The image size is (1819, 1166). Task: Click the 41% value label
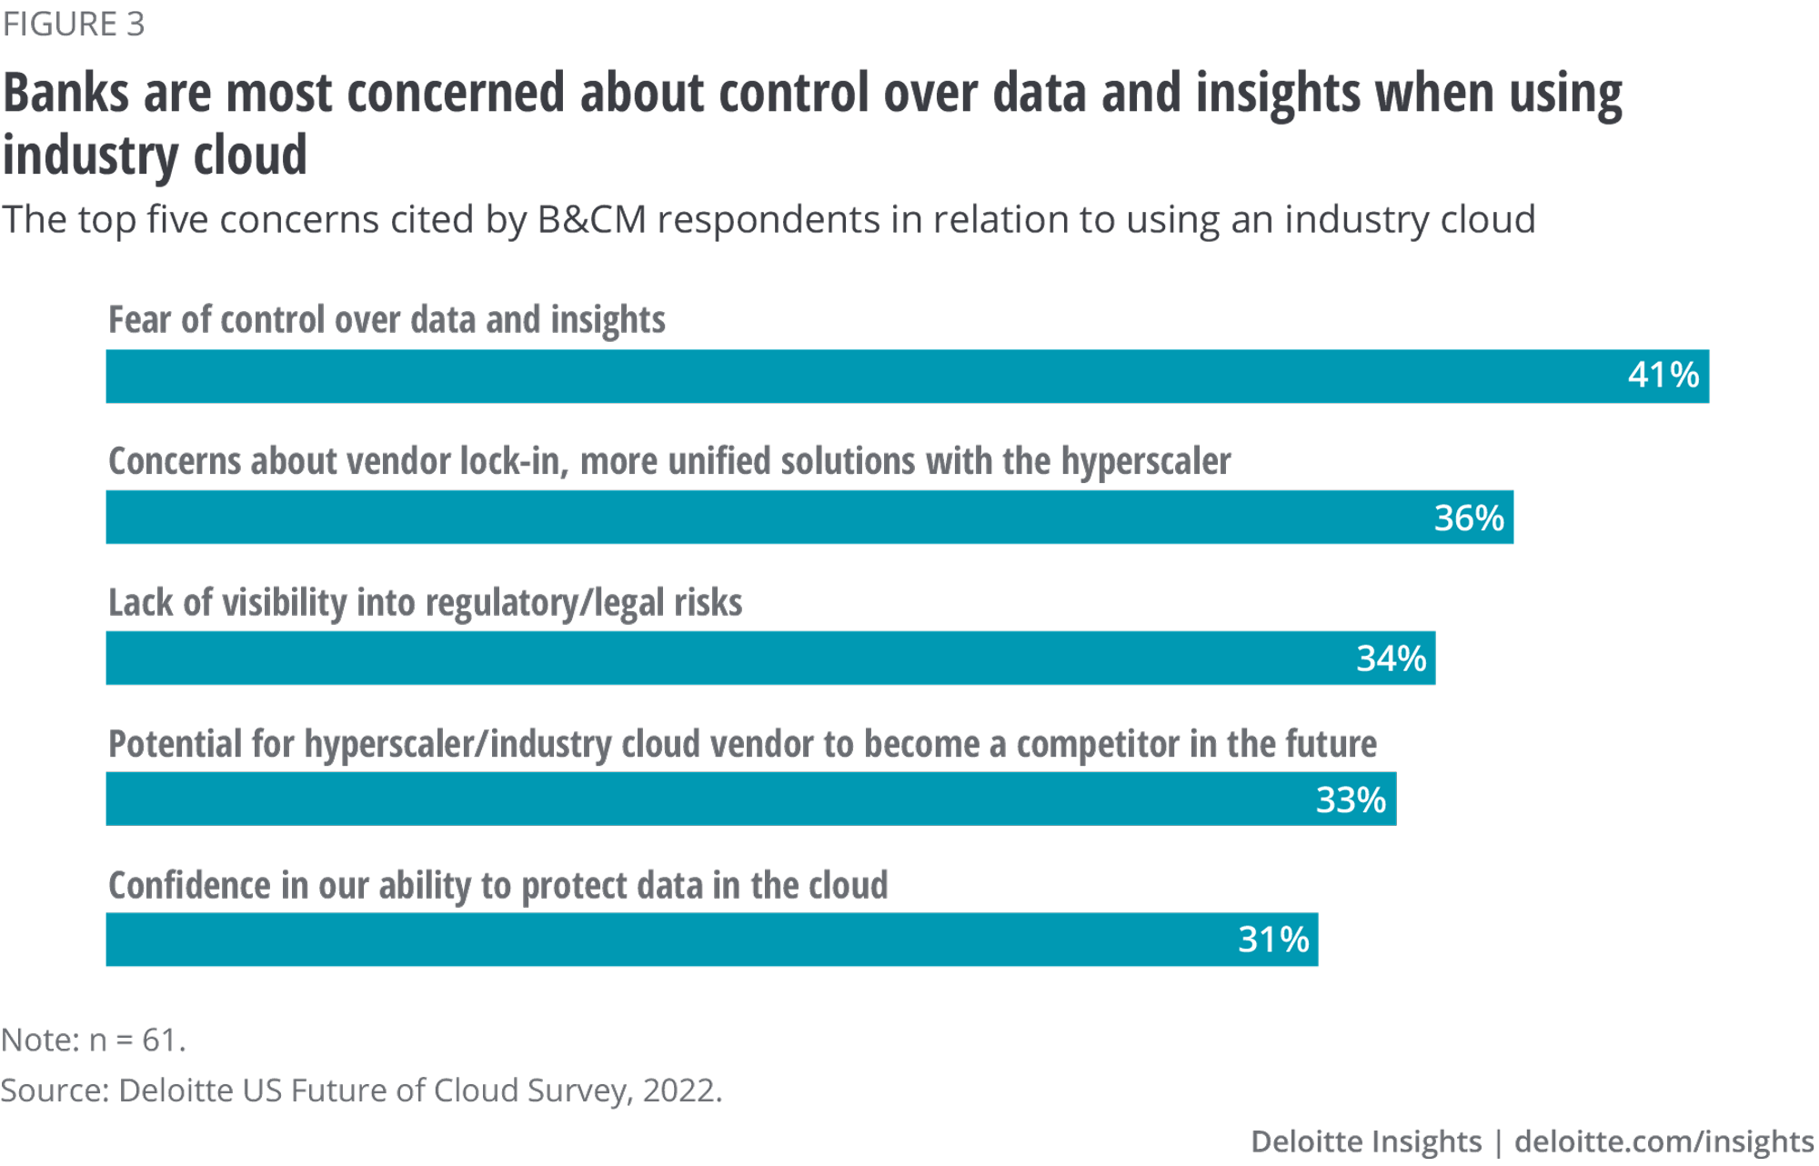coord(1663,375)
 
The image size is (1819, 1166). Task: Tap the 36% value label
coord(1468,518)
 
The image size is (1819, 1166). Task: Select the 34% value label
coord(1391,658)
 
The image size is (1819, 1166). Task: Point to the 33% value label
coord(1351,799)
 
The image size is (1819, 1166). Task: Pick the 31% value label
coord(1272,940)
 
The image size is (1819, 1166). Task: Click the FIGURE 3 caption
coord(73,25)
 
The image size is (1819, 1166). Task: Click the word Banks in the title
coord(65,94)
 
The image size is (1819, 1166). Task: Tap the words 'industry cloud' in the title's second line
coord(155,155)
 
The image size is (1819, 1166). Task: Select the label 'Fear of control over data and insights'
coord(387,320)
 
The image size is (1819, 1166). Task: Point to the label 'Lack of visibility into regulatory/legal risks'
coord(425,603)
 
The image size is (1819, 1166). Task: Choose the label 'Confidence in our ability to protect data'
coord(497,885)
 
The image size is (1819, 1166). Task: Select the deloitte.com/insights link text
coord(1663,1141)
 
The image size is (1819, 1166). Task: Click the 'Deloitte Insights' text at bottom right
coord(1365,1141)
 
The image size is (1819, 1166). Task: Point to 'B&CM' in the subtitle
coord(591,220)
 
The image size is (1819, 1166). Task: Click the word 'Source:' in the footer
coord(55,1090)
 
